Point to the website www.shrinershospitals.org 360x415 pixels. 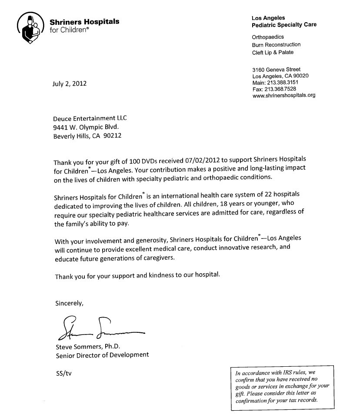[283, 95]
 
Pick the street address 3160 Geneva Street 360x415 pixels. [276, 70]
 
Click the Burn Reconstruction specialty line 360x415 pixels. [276, 45]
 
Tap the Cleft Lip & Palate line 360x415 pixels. [273, 52]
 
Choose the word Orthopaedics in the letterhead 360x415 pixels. [268, 37]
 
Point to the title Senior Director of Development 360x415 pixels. [102, 355]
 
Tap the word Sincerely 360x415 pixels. [69, 303]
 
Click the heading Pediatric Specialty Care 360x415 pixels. [284, 25]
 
